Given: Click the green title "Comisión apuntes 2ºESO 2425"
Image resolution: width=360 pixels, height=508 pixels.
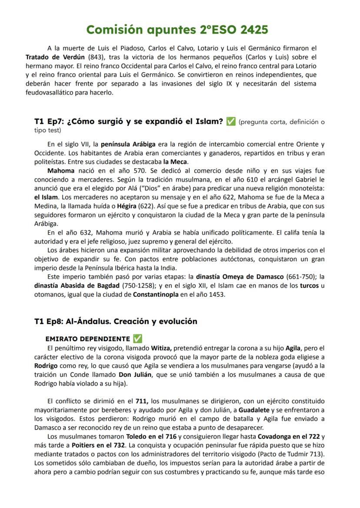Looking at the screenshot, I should [x=177, y=30].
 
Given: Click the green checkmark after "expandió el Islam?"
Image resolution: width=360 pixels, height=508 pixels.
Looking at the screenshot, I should [x=231, y=122].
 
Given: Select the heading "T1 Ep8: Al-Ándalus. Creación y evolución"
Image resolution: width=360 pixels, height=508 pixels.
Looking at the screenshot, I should [x=116, y=322].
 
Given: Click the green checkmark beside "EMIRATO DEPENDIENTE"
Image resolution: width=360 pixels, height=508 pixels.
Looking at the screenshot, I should [x=137, y=339].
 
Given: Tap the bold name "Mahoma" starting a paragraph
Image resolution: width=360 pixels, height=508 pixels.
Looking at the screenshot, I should [x=60, y=170].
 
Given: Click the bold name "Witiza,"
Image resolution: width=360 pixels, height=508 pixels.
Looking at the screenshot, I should [x=162, y=348].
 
